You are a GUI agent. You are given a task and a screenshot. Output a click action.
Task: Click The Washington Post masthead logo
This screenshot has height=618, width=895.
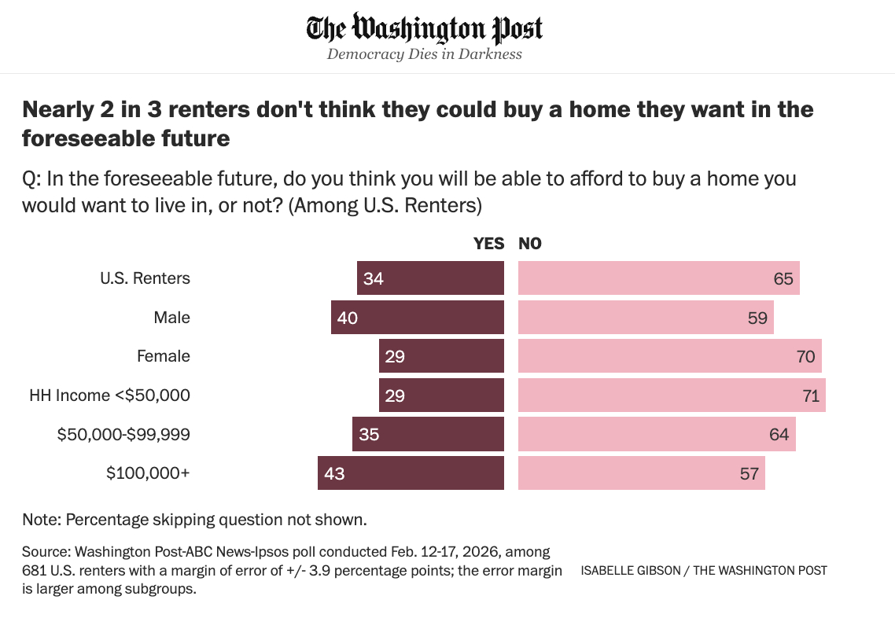pyautogui.click(x=425, y=28)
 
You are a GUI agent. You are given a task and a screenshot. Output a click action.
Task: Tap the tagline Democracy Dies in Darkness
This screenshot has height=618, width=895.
pyautogui.click(x=425, y=54)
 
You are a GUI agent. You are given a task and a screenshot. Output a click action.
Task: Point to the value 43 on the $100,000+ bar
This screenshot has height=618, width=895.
pyautogui.click(x=334, y=473)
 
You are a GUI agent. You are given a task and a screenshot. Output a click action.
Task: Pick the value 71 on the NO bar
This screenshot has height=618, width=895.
pyautogui.click(x=811, y=395)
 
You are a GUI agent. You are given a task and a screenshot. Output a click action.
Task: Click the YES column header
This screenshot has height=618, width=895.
pyautogui.click(x=488, y=244)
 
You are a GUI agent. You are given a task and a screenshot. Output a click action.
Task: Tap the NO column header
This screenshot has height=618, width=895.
pyautogui.click(x=530, y=244)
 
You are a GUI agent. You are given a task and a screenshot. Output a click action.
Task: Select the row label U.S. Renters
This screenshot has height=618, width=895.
pyautogui.click(x=145, y=278)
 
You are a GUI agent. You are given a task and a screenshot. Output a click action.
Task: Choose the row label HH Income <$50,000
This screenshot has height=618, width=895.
pyautogui.click(x=110, y=395)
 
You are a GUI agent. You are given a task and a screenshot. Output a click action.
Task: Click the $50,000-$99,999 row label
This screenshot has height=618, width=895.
pyautogui.click(x=123, y=434)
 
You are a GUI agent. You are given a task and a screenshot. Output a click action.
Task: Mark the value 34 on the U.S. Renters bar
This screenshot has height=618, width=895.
pyautogui.click(x=374, y=278)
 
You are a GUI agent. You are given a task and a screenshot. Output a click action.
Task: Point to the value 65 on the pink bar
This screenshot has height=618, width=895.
pyautogui.click(x=783, y=278)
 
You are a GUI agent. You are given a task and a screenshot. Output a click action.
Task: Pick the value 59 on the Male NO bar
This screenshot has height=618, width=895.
pyautogui.click(x=757, y=318)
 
